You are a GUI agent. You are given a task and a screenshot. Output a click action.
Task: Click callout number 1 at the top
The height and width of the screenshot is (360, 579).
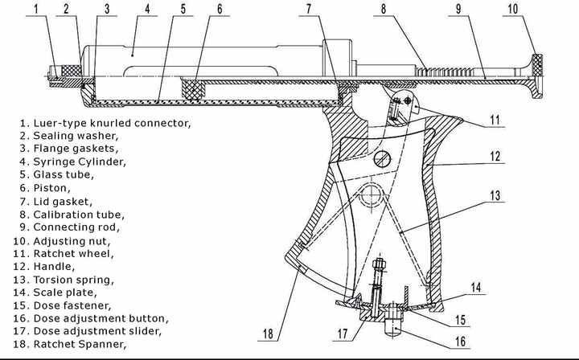pos(36,9)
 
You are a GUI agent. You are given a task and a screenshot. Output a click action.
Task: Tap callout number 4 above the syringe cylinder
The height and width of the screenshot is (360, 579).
pos(147,9)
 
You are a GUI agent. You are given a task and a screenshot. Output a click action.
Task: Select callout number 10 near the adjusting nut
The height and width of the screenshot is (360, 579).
pos(513,9)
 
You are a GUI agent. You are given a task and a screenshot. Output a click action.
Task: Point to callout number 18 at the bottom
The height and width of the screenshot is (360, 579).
pos(268,334)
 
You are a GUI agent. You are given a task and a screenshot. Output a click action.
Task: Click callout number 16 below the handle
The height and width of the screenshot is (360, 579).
pos(460,342)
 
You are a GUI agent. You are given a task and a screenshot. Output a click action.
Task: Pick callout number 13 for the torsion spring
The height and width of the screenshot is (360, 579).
pos(495,195)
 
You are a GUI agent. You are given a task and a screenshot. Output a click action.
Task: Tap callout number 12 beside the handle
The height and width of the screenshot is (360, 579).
pos(495,157)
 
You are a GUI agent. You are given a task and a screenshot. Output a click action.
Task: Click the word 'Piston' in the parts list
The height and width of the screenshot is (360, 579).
pos(51,188)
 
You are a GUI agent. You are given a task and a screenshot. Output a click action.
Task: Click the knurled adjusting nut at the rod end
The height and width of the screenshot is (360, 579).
pos(537,65)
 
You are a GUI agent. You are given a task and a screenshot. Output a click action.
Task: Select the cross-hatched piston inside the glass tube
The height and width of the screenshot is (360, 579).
pos(192,90)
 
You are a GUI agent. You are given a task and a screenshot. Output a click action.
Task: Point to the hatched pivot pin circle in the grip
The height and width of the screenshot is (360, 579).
pos(382,159)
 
